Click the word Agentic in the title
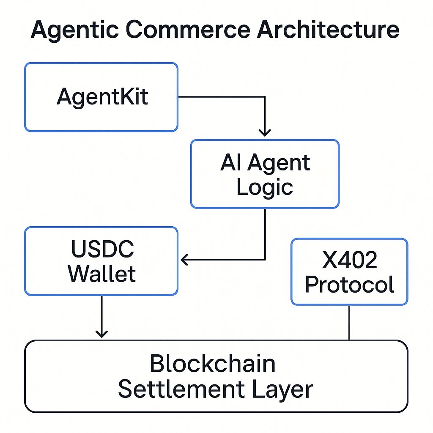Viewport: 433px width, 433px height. coord(75,30)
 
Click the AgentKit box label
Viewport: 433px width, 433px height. coord(102,97)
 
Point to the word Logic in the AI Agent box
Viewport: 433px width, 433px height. coord(265,187)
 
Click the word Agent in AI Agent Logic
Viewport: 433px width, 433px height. coord(279,163)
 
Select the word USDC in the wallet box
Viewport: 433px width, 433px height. coord(102,249)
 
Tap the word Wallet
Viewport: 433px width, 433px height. coord(102,274)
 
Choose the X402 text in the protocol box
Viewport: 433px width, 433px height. coord(350,260)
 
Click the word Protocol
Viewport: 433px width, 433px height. coord(350,285)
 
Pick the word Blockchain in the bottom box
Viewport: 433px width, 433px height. coord(213,363)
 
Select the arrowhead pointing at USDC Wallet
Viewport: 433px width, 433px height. coord(184,260)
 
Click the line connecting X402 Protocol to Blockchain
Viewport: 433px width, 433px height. coord(349,323)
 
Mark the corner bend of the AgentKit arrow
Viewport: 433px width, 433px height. coord(265,97)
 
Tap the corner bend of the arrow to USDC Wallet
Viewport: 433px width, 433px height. coord(265,260)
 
